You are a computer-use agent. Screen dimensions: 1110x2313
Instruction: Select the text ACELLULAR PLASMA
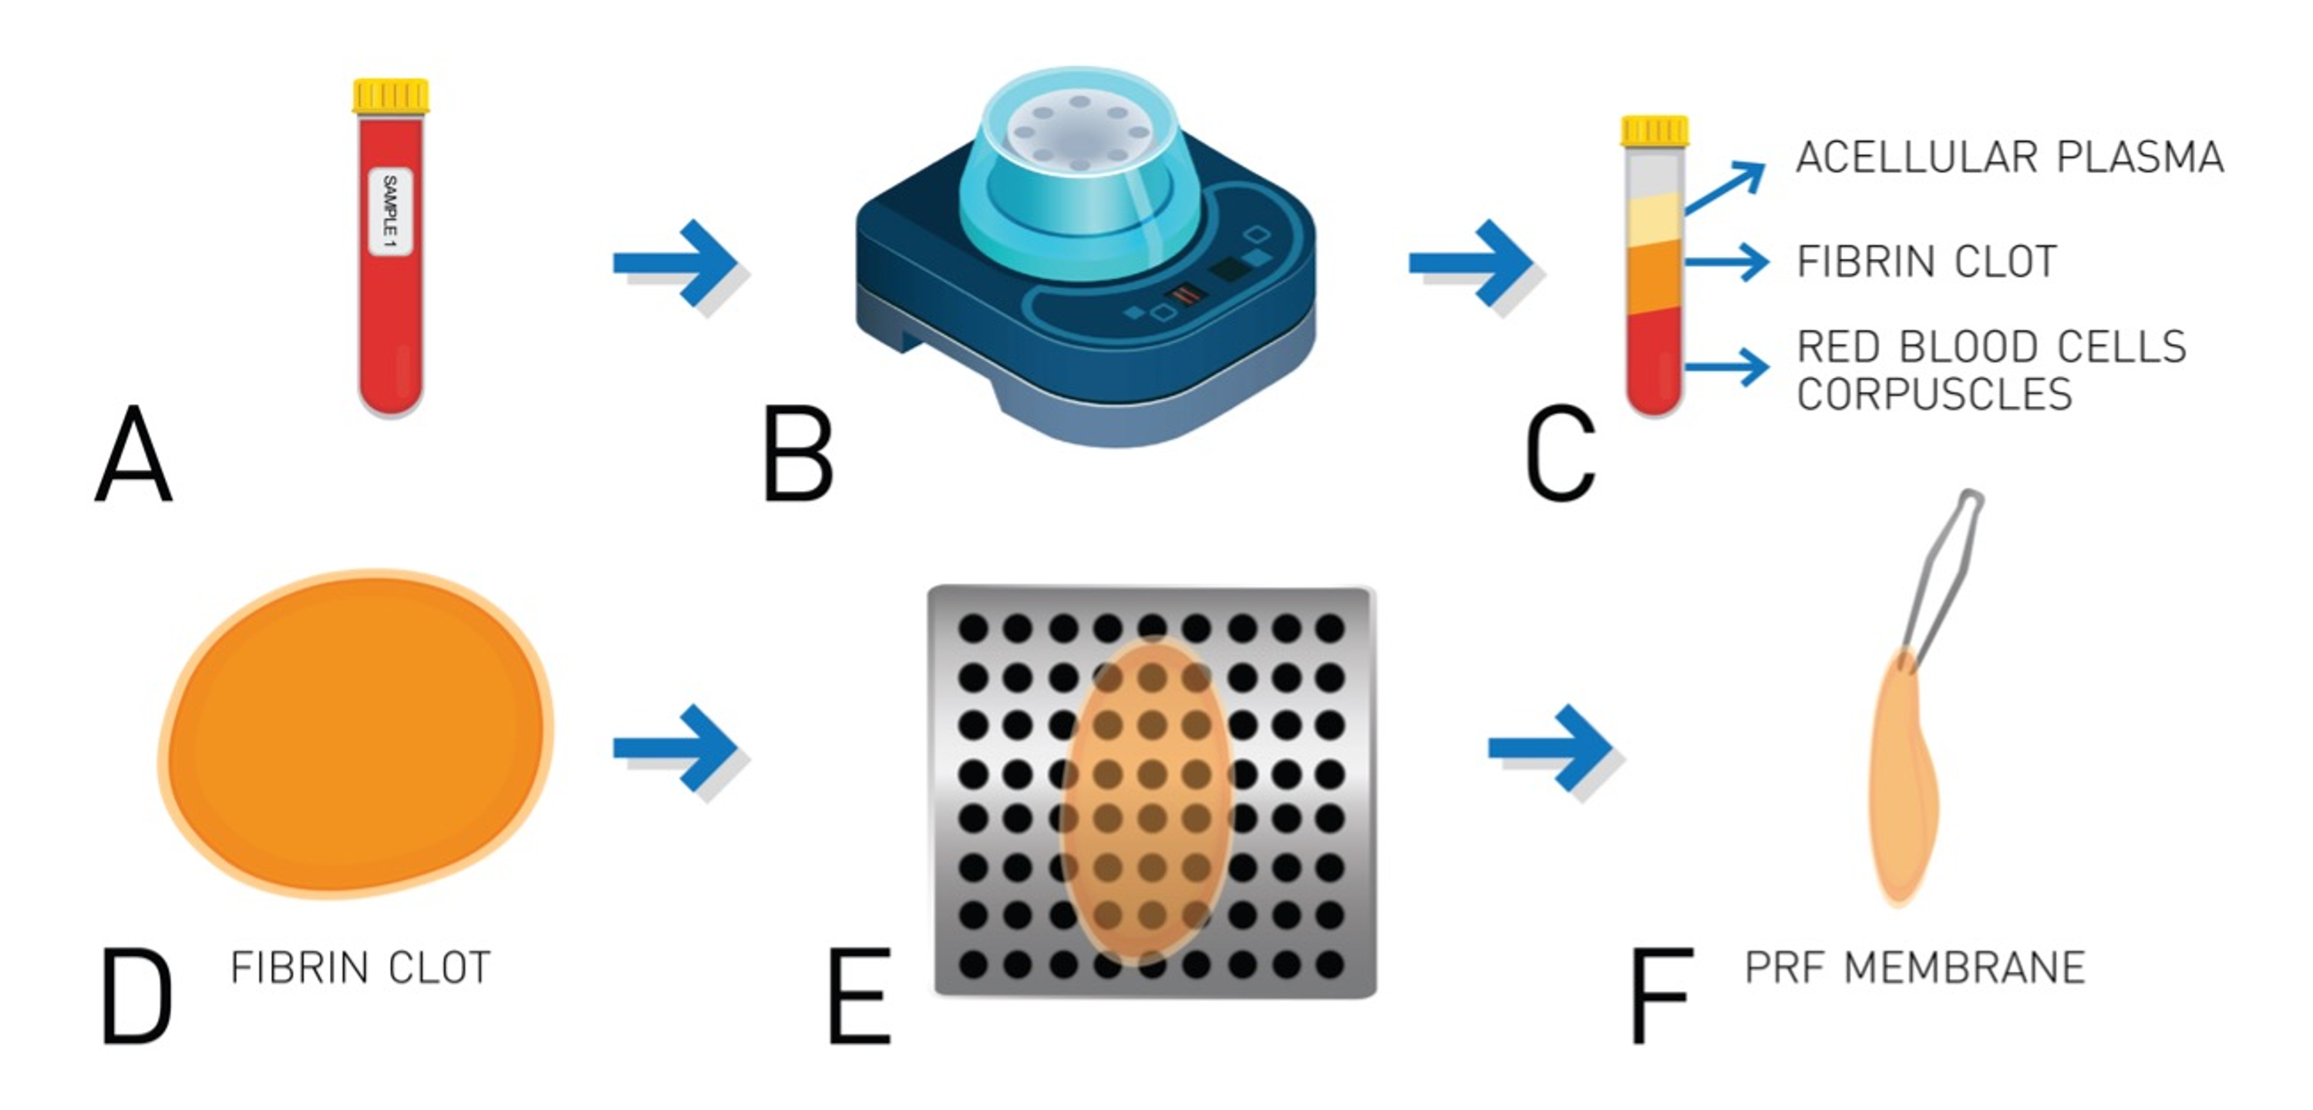(2009, 158)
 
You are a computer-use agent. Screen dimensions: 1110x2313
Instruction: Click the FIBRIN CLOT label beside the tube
(1927, 262)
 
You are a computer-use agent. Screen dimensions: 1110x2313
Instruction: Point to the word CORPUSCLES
(1934, 394)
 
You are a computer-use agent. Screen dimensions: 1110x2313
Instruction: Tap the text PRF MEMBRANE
(1914, 968)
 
